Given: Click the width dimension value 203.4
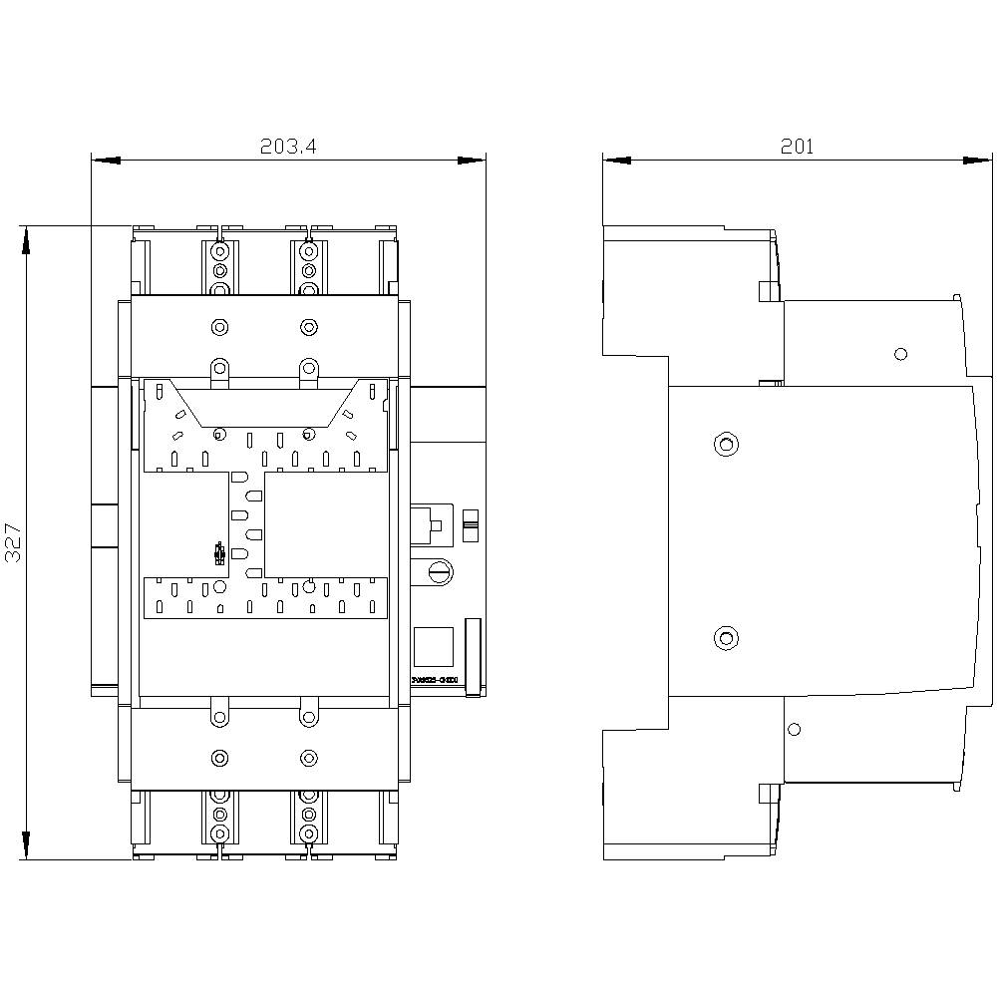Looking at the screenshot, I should coord(287,147).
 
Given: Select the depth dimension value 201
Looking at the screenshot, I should coord(797,147).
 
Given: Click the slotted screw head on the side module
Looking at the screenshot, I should coord(440,571).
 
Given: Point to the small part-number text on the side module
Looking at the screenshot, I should coord(435,680).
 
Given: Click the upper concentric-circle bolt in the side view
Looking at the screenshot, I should coord(726,444).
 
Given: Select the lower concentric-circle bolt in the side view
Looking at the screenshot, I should coord(726,637).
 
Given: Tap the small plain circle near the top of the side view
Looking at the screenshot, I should coord(901,353).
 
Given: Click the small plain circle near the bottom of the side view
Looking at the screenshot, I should coord(794,730).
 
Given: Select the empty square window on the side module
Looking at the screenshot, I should coord(433,645).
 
